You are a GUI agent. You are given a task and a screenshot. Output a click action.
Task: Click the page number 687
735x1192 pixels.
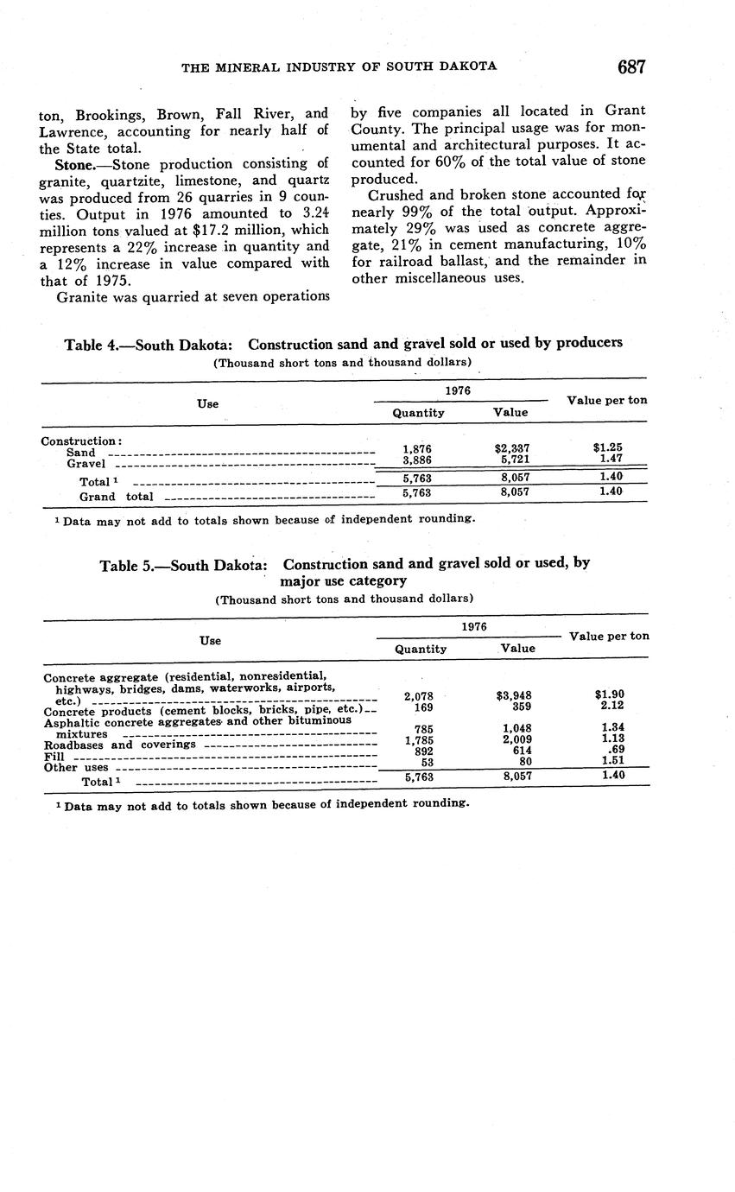pos(631,67)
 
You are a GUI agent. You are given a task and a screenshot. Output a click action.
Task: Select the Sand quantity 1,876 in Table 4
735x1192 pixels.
pos(417,448)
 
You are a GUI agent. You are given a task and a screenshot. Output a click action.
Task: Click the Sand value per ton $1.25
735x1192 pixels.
pos(607,448)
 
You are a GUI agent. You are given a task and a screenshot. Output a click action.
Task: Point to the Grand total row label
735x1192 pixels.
pos(116,497)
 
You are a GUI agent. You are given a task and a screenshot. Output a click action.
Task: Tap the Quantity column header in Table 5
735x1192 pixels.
pos(421,649)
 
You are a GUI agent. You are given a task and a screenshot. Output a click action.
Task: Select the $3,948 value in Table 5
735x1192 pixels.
pos(516,695)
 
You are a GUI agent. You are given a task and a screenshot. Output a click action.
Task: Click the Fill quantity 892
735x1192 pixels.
pos(419,751)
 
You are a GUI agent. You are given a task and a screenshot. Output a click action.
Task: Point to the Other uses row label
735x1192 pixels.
pos(76,767)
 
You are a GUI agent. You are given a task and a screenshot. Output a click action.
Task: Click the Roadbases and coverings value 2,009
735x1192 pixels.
pos(516,739)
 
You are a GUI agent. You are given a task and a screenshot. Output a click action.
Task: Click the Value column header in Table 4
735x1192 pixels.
pos(510,413)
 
